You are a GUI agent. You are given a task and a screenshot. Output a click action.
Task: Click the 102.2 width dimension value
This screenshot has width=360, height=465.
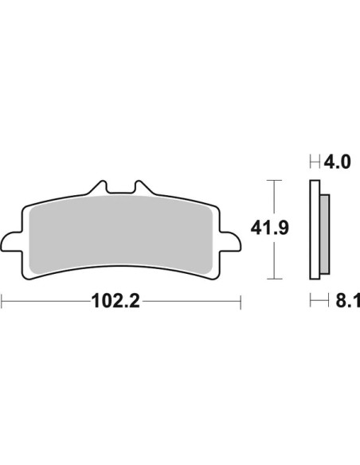(115, 301)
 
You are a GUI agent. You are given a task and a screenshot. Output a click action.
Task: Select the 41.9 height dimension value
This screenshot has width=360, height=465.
(269, 229)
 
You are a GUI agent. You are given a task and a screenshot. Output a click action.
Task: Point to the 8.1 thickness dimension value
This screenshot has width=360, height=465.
(347, 301)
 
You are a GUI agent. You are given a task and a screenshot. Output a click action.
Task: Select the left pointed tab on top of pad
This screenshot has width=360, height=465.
(97, 187)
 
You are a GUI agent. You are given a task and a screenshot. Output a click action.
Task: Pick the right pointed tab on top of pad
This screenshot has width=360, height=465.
(144, 187)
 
